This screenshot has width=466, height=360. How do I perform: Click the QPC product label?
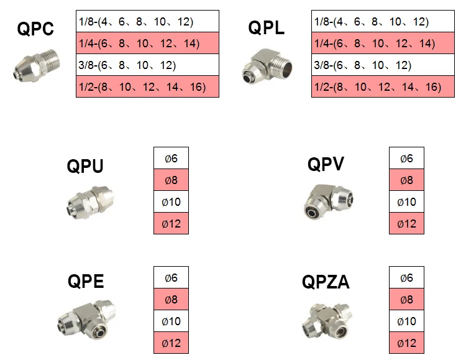point(36,29)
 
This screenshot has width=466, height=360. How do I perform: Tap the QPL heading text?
point(266,29)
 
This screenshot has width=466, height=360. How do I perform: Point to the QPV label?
point(326,164)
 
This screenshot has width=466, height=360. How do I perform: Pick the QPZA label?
point(326,283)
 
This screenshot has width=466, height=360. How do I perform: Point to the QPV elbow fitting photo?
point(327,199)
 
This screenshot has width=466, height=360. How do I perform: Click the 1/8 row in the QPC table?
point(147,22)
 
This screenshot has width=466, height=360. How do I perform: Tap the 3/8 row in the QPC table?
point(147,65)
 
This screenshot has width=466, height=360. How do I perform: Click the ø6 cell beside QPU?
point(171,159)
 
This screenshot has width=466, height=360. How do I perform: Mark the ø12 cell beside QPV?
point(406,224)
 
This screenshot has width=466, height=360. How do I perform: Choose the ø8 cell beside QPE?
point(171,300)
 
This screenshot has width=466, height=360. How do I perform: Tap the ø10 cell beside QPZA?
point(406,321)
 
